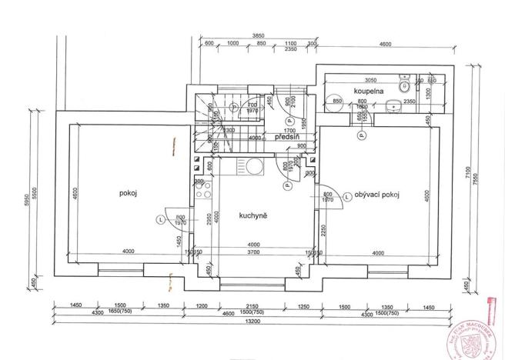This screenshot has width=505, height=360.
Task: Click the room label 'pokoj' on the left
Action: tap(128, 193)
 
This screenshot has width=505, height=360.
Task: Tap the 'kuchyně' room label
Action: tap(252, 217)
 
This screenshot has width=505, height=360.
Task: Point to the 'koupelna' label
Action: tap(369, 92)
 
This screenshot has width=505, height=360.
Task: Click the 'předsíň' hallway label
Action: tap(286, 137)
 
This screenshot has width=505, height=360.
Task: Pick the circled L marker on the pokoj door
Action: tap(161, 219)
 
